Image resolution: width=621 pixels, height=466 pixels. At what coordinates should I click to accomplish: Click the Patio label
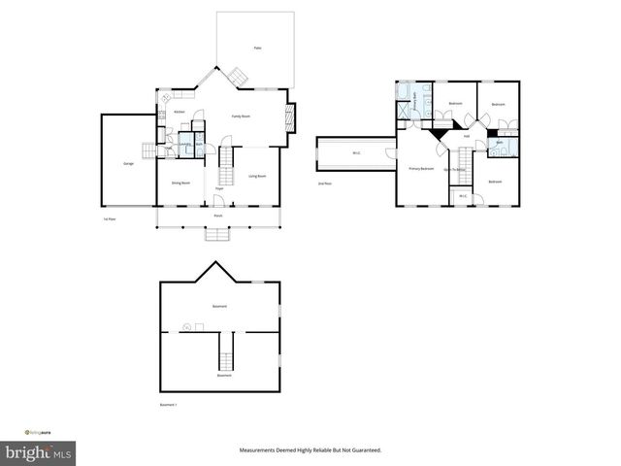click(257, 48)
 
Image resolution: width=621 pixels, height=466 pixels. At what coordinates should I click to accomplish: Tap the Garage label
click(128, 163)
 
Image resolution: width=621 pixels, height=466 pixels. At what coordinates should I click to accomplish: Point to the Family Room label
click(241, 116)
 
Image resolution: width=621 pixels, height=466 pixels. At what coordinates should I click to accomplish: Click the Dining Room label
click(180, 183)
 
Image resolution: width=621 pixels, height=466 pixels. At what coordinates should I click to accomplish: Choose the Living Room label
click(257, 176)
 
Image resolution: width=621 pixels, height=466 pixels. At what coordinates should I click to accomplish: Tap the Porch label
click(219, 216)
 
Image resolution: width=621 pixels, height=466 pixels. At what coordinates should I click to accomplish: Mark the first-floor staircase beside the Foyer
click(228, 167)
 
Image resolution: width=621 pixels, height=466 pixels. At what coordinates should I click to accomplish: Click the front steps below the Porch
click(217, 234)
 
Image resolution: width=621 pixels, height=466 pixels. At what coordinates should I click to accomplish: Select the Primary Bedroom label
click(420, 169)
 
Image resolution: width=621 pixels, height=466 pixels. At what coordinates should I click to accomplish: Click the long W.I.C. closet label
click(356, 152)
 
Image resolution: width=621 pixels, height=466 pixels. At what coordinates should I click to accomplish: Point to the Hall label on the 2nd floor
click(467, 137)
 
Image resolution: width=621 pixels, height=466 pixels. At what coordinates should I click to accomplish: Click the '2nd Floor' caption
click(325, 183)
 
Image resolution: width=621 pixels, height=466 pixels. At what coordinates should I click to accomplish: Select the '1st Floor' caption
click(110, 219)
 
